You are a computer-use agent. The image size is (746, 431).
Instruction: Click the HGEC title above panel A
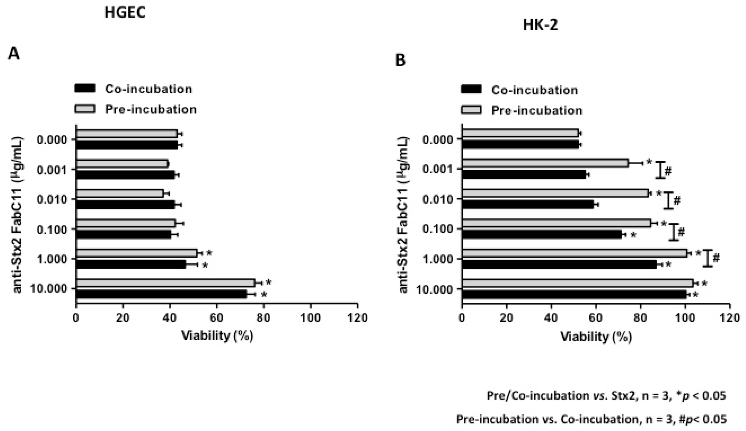(x=125, y=13)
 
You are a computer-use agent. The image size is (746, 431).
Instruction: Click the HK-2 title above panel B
(x=540, y=26)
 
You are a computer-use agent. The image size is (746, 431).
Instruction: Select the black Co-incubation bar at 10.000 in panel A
(x=161, y=294)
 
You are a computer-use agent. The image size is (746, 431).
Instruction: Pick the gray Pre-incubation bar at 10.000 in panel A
(x=165, y=283)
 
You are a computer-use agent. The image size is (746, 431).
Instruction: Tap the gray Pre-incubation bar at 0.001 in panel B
(x=545, y=163)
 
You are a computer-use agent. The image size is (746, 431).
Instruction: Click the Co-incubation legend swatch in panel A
(x=85, y=89)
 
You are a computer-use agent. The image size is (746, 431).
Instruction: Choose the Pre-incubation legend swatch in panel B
(x=471, y=110)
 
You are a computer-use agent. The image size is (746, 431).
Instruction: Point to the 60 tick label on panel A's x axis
(x=217, y=318)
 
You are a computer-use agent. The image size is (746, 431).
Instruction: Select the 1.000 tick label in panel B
(x=438, y=259)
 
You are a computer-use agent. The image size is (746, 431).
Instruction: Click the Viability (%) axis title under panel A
(x=217, y=336)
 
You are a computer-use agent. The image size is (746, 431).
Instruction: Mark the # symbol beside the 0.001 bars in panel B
(x=668, y=171)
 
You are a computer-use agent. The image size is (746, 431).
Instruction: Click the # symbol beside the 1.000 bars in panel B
(x=716, y=258)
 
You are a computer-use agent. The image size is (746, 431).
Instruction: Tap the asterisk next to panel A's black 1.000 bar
(x=205, y=266)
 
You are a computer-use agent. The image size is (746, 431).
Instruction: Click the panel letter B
(x=400, y=61)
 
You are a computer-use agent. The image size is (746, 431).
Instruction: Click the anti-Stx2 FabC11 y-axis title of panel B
(x=404, y=214)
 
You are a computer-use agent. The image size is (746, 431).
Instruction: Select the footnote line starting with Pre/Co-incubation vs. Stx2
(x=606, y=396)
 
